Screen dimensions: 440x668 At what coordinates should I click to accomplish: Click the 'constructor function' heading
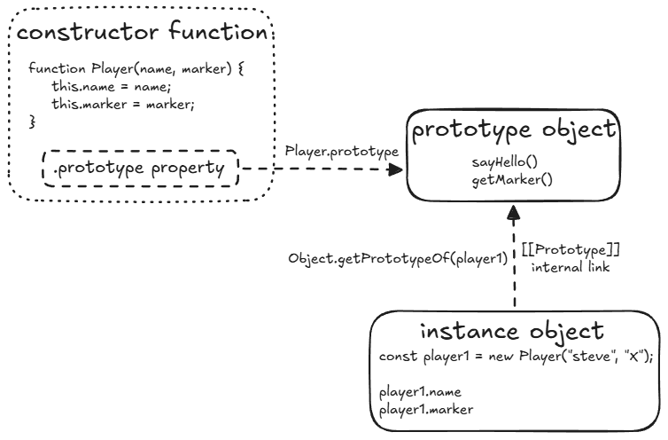[142, 33]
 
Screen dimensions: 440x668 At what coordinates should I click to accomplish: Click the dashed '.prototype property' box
[141, 168]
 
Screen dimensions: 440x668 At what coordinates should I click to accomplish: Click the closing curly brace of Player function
[33, 122]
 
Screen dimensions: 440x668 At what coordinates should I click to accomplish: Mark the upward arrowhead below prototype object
[513, 213]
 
